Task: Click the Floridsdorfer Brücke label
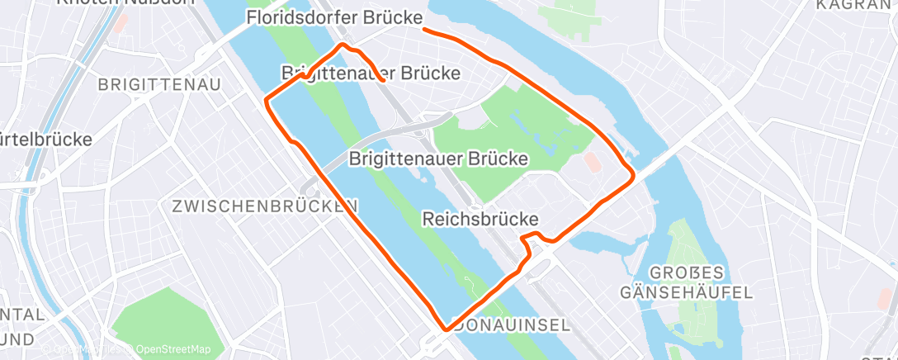click(x=335, y=18)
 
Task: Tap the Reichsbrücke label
click(x=480, y=219)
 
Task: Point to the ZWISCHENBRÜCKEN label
click(x=265, y=206)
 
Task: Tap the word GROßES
click(x=687, y=273)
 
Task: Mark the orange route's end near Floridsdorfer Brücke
click(x=424, y=30)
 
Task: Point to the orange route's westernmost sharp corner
click(x=266, y=102)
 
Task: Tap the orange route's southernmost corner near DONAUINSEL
click(x=447, y=328)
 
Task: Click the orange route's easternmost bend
click(x=633, y=175)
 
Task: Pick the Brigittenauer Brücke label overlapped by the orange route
click(x=371, y=73)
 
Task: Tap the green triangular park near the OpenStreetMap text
click(x=157, y=318)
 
